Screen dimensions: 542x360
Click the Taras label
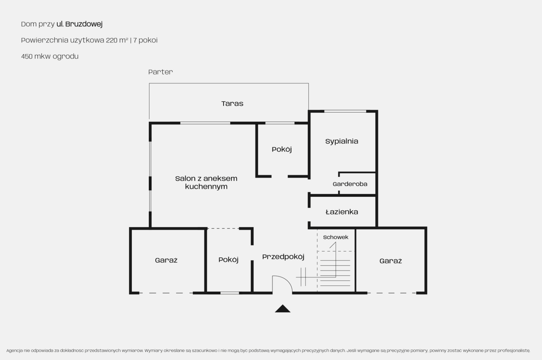232,103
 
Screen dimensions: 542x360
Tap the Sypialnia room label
342,141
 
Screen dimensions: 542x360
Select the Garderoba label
350,184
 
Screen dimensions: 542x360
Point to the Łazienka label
342,212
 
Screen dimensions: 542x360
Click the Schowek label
336,237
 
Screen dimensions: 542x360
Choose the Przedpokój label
283,257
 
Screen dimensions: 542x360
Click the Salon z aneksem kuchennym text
206,182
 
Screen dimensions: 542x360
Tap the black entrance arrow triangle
283,309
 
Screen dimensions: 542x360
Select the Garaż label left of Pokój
166,260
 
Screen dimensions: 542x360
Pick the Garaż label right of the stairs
391,261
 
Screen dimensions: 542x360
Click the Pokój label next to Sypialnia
282,149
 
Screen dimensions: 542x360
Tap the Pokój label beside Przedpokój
228,260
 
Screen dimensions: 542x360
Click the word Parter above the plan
160,72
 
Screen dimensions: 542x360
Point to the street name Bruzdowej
84,24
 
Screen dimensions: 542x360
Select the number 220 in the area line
111,40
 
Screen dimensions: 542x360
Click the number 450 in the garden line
27,56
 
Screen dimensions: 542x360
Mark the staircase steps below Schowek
335,273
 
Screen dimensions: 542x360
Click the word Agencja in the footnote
15,351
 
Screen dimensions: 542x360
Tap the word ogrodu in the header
65,56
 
